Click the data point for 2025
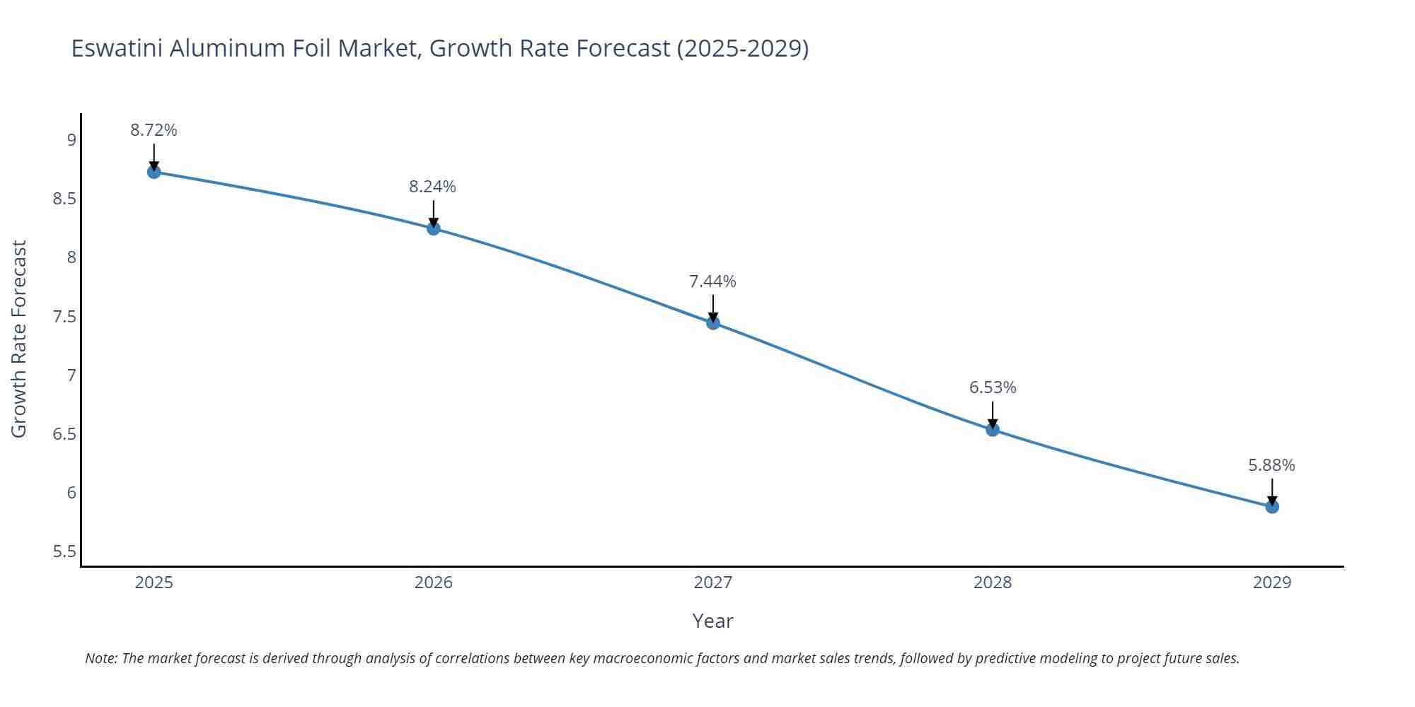(154, 172)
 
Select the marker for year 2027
(712, 323)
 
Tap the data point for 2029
(1271, 506)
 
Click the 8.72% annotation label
(154, 130)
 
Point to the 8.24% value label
(432, 187)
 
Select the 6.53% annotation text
(992, 387)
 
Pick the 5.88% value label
(1271, 465)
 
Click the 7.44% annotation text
(712, 281)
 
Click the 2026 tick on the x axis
(433, 583)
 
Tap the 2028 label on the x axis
(992, 583)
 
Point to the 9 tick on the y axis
(71, 140)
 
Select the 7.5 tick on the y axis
(64, 316)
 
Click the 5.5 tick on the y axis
(64, 551)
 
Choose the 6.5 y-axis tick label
(64, 434)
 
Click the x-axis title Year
(712, 621)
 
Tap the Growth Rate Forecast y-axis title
(19, 339)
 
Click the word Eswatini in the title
(117, 48)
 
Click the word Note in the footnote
(100, 658)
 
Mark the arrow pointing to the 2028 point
(992, 415)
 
